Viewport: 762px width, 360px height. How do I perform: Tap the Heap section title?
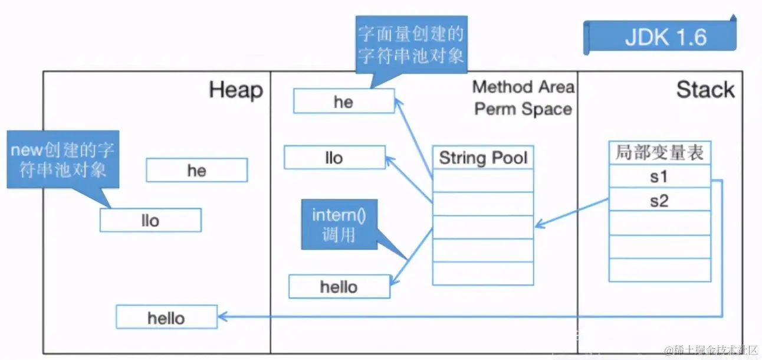(235, 90)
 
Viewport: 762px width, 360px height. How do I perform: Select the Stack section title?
(705, 90)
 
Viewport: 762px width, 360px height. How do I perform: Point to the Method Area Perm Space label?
(523, 98)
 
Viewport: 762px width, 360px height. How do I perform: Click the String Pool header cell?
(483, 158)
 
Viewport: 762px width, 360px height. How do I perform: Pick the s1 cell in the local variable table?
(659, 176)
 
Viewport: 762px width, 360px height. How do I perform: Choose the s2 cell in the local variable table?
(659, 201)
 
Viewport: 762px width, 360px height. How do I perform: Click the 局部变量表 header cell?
(659, 153)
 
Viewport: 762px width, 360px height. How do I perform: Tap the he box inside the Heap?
(196, 171)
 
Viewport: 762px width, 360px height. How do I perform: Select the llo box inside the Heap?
(150, 220)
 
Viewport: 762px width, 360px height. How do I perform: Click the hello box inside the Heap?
(166, 318)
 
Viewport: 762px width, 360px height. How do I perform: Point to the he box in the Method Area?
(343, 102)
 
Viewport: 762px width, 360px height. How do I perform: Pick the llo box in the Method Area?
(334, 158)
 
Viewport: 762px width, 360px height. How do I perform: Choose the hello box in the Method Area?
(339, 287)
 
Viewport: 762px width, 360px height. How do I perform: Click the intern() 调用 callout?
(339, 224)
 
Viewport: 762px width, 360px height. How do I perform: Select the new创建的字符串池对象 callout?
(63, 159)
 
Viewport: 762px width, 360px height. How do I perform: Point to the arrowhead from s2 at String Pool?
(538, 226)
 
